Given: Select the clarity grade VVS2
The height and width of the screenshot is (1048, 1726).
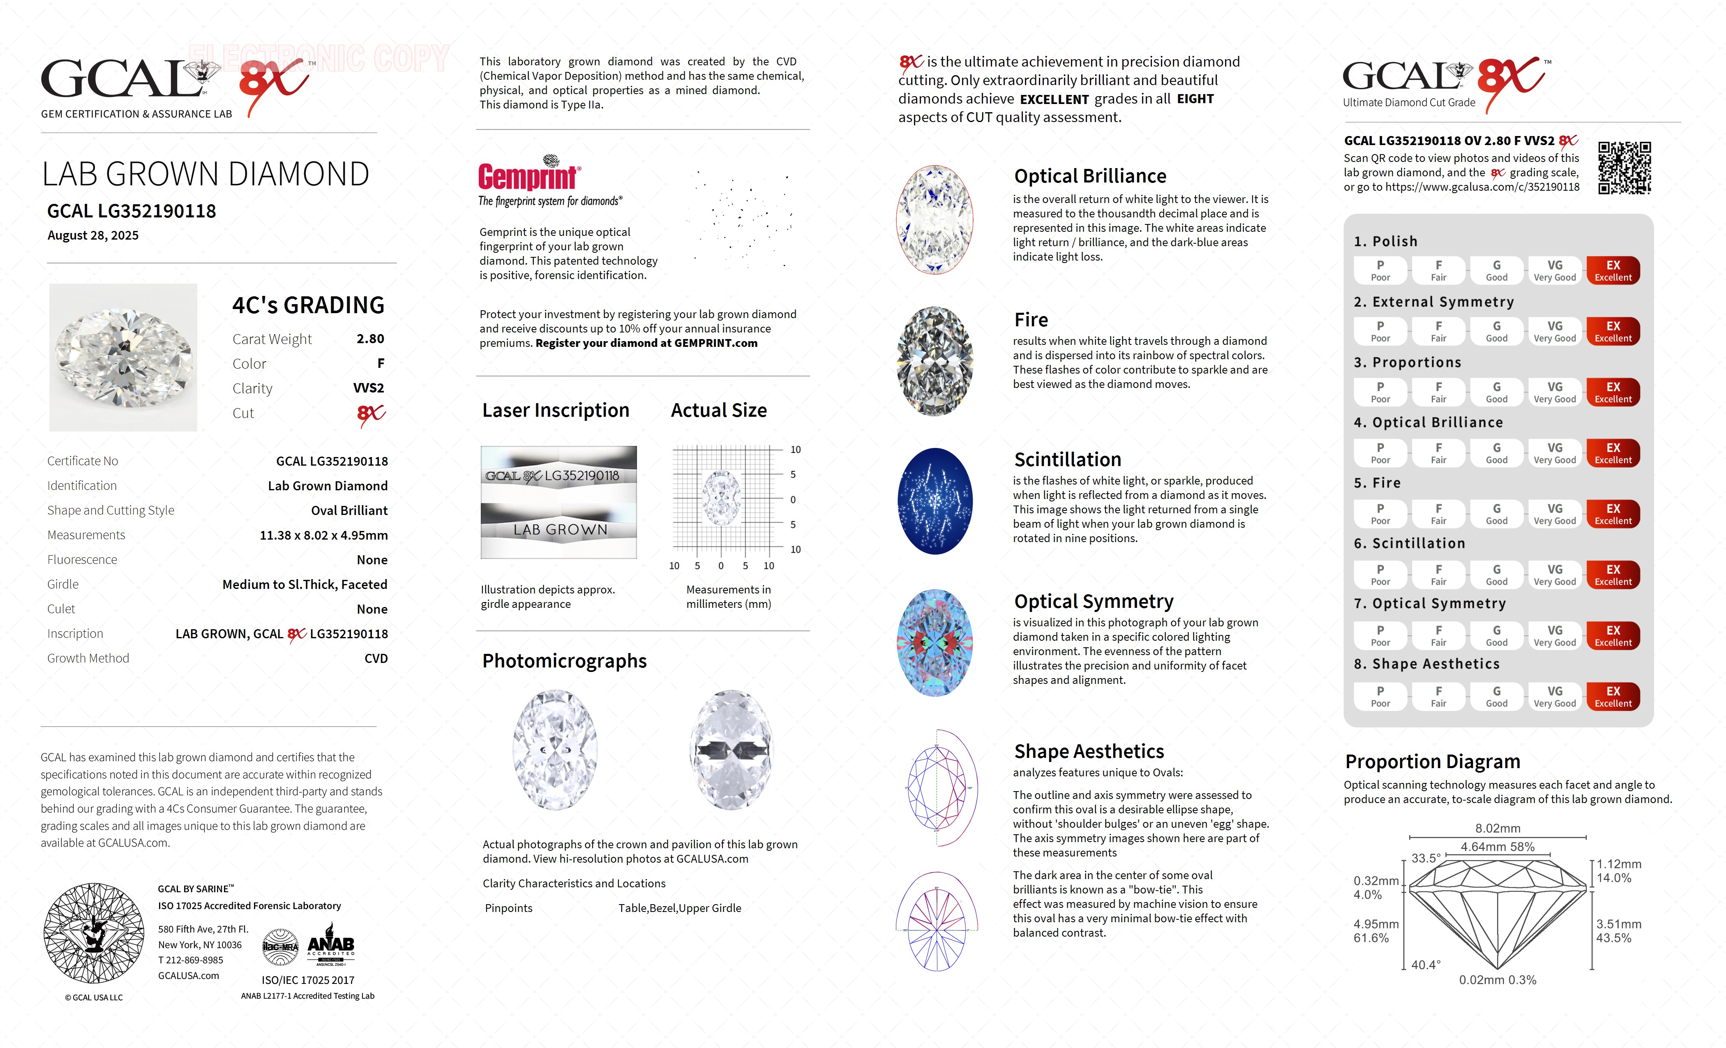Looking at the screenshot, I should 369,388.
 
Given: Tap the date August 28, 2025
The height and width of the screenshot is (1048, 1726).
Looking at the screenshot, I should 93,235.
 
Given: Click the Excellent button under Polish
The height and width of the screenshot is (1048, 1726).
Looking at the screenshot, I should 1613,270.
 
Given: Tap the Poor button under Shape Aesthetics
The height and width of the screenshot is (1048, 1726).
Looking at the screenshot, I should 1380,696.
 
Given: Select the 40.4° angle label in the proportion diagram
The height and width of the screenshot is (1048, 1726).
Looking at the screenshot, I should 1426,965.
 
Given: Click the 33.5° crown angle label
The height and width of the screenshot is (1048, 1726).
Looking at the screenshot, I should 1426,858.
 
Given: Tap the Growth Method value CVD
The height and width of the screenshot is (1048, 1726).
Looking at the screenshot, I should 376,658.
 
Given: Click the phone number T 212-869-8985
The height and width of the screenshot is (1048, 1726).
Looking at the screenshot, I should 191,960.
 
